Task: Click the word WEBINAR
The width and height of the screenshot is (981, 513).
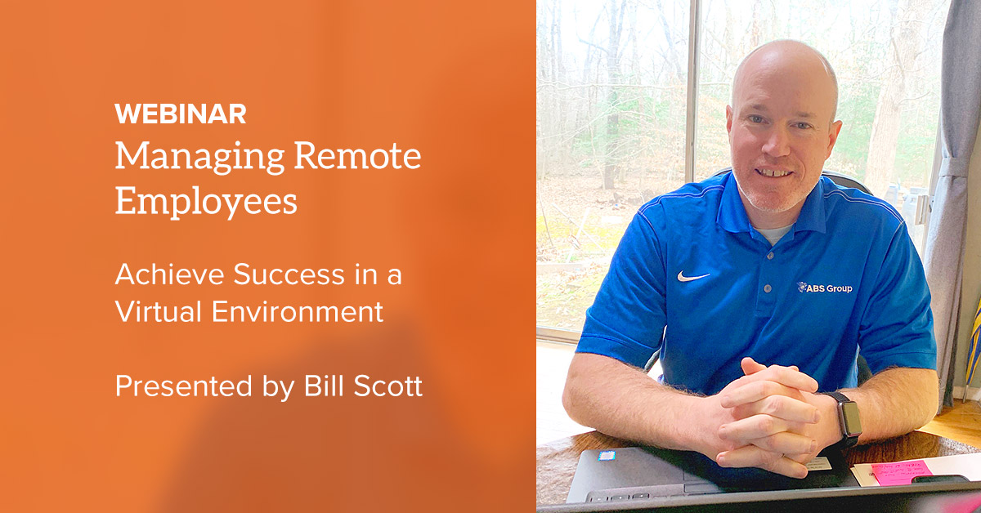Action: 180,114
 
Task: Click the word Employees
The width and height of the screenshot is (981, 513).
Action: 206,201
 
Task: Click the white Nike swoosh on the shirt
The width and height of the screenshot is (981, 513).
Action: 692,276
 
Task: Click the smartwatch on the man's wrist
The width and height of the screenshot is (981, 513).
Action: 848,419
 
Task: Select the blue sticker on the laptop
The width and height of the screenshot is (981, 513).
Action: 607,455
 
